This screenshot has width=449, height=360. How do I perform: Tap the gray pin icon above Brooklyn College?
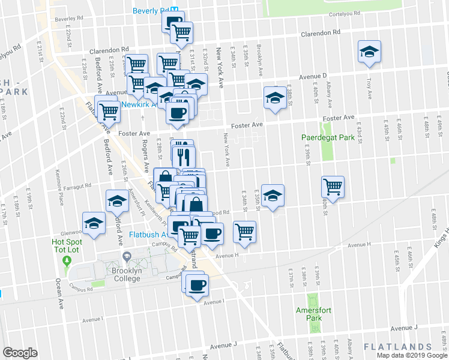(127, 257)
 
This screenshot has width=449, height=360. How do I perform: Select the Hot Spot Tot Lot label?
(66, 245)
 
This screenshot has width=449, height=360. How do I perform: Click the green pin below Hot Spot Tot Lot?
(67, 260)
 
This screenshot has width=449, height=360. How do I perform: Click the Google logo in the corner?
(20, 353)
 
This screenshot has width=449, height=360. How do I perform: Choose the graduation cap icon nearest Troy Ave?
(370, 52)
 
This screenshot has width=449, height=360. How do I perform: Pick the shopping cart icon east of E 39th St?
(332, 186)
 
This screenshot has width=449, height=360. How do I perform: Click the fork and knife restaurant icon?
(184, 157)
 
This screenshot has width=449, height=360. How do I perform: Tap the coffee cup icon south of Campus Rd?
(196, 284)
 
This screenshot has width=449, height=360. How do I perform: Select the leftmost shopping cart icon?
(109, 109)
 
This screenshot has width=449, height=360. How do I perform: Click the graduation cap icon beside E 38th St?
(275, 97)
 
